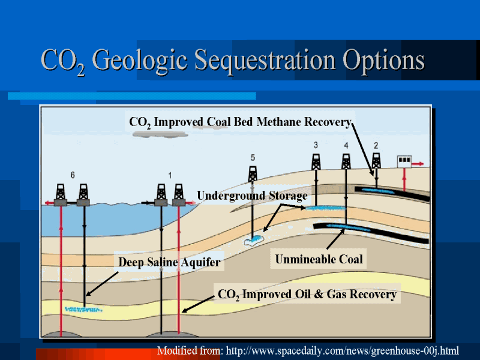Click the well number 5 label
tap(253, 158)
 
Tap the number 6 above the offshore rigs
tap(73, 175)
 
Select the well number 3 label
tap(316, 145)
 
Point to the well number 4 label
tap(346, 145)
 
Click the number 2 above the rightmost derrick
tap(376, 145)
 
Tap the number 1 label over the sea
tap(170, 175)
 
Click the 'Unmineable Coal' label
tap(319, 259)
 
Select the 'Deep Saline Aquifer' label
tap(169, 262)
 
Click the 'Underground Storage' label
tap(252, 196)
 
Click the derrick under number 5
tap(253, 174)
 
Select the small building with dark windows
tap(404, 161)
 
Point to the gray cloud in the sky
tap(160, 134)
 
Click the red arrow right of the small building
tap(417, 164)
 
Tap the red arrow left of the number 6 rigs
tap(50, 203)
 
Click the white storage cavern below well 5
tap(253, 241)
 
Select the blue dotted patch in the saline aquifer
tap(83, 309)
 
